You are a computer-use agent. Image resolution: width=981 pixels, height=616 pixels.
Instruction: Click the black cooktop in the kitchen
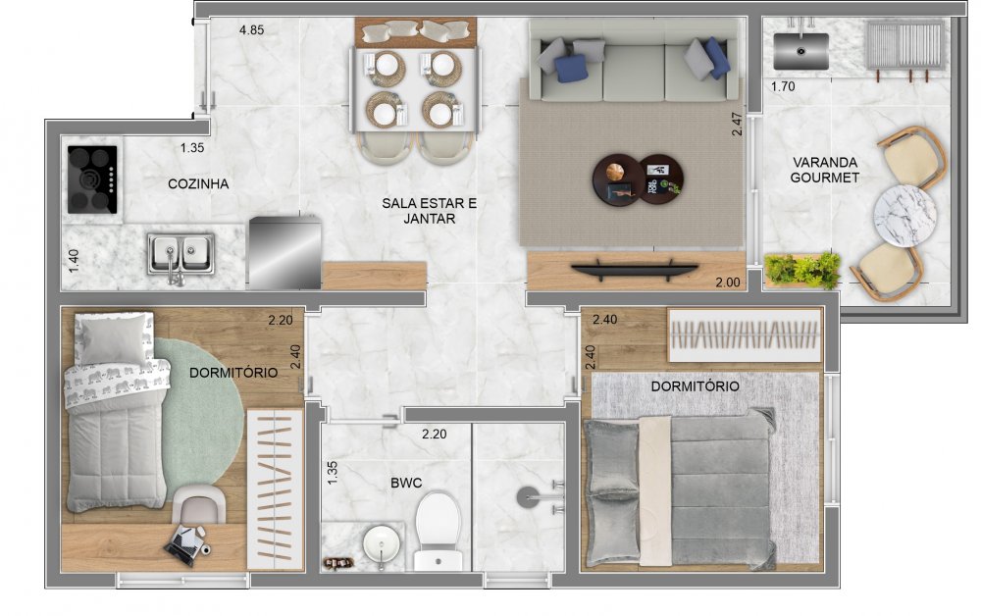(92, 180)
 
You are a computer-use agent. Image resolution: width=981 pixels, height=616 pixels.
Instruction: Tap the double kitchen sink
(181, 254)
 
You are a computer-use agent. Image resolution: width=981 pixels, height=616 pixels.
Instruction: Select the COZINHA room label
(198, 183)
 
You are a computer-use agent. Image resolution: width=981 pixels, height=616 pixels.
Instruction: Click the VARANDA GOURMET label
(824, 170)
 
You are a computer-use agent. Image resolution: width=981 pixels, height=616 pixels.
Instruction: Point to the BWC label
(406, 483)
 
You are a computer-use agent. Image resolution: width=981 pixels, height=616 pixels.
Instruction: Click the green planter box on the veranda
(802, 270)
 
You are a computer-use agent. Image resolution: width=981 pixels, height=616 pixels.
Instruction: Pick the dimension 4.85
(251, 29)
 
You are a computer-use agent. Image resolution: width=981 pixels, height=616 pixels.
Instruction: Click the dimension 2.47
(737, 124)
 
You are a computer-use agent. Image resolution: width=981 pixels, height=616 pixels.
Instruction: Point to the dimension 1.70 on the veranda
(783, 86)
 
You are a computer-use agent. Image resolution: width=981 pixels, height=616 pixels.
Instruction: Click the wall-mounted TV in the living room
(635, 269)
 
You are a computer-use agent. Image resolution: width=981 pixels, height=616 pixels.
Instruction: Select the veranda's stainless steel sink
(800, 51)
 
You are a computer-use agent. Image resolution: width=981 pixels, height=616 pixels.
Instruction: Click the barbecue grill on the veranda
(904, 46)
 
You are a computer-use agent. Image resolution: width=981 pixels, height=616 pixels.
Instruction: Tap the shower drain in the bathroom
(527, 498)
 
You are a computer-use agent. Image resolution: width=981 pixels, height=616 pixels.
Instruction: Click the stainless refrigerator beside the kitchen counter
(285, 253)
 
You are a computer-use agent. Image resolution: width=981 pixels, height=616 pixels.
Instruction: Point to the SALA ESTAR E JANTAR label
(430, 211)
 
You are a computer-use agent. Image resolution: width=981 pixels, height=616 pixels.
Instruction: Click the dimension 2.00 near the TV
(728, 282)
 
